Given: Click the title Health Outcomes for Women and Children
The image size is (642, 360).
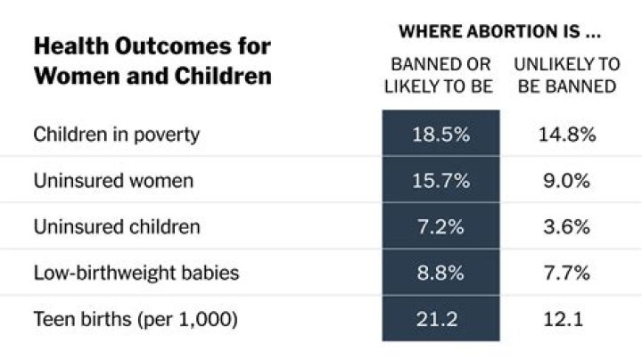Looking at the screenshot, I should pyautogui.click(x=152, y=60).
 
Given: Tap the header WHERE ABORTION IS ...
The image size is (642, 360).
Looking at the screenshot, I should pyautogui.click(x=498, y=32).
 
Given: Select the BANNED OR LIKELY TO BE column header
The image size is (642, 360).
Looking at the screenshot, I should pyautogui.click(x=440, y=75).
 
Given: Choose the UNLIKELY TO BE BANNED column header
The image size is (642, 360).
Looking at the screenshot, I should pyautogui.click(x=566, y=75).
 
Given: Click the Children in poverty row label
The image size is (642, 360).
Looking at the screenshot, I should pyautogui.click(x=116, y=135).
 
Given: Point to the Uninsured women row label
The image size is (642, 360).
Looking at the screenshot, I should pyautogui.click(x=113, y=181).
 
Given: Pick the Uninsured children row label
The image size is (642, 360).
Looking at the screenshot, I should pyautogui.click(x=117, y=226).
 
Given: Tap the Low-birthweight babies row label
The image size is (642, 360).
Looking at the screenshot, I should pyautogui.click(x=136, y=273).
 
